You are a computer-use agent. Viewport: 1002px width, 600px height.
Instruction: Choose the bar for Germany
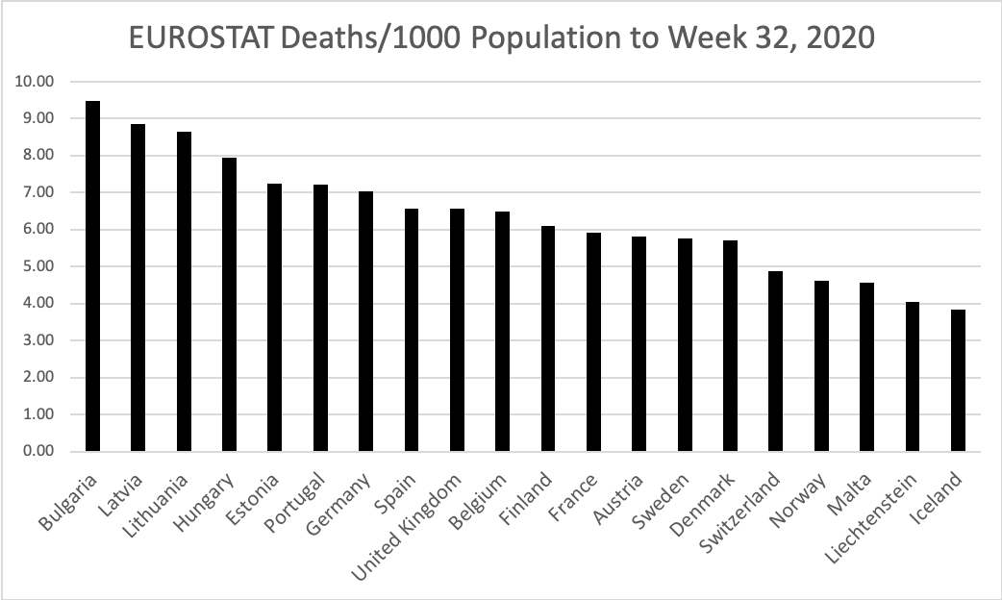(365, 321)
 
